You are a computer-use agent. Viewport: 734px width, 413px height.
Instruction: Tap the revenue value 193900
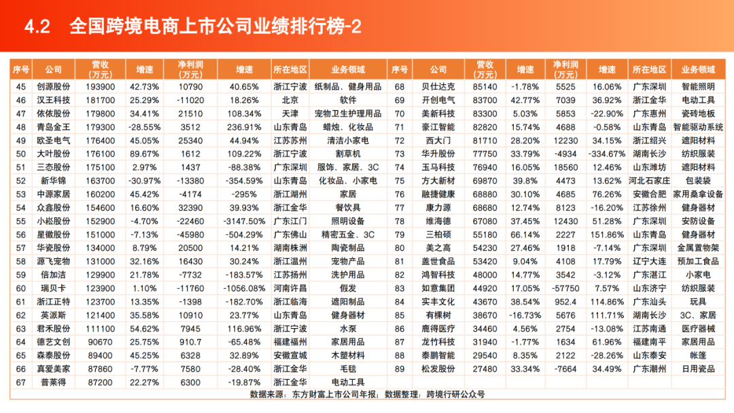(x=101, y=87)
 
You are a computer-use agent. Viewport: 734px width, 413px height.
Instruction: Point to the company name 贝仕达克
(x=438, y=87)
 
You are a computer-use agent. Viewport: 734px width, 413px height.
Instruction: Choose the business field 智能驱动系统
(x=699, y=126)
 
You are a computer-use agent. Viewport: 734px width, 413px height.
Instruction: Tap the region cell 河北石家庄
(x=649, y=181)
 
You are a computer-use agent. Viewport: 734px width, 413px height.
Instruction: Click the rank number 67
(x=20, y=382)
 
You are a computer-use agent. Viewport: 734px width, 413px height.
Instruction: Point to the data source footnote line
(x=367, y=394)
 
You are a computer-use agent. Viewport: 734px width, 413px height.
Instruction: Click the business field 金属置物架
(x=699, y=247)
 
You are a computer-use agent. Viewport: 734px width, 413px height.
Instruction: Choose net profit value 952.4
(x=565, y=301)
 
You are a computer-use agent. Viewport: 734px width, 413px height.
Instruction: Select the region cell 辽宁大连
(x=649, y=261)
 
